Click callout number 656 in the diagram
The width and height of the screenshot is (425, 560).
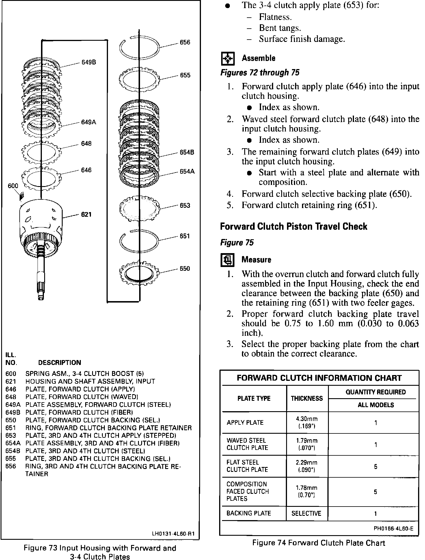click(185, 42)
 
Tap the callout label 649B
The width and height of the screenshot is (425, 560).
click(89, 62)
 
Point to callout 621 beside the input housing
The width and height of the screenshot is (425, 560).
click(86, 214)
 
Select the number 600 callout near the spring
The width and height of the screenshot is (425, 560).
click(13, 186)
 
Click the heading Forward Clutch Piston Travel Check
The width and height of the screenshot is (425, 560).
click(293, 226)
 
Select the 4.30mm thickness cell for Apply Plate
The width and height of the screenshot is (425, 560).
click(307, 422)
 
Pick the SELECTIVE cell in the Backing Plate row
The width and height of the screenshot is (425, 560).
click(306, 513)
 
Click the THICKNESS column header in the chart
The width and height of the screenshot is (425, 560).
click(307, 398)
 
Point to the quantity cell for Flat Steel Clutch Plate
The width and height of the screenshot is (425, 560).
click(375, 466)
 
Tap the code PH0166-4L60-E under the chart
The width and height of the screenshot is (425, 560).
click(394, 529)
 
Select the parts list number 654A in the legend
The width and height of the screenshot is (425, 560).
click(11, 443)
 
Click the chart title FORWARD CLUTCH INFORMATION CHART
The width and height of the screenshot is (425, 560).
click(319, 378)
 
